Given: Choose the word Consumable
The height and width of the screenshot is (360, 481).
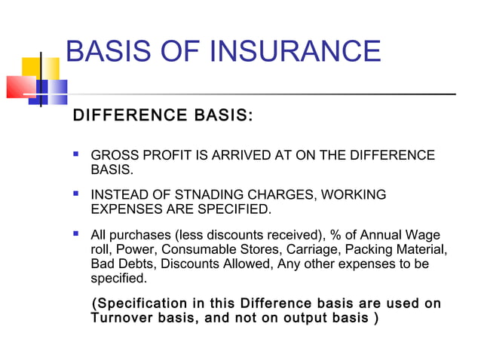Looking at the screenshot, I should [x=211, y=250].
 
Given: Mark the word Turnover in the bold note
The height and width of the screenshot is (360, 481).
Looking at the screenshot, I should [x=123, y=318].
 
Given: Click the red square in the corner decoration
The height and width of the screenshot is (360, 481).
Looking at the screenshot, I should [x=19, y=87].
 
